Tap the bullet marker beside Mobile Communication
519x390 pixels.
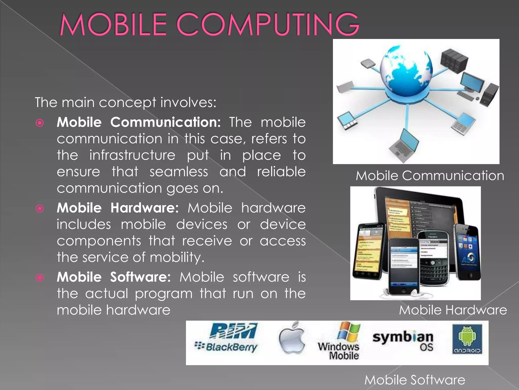(x=40, y=123)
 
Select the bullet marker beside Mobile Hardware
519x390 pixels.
(x=40, y=208)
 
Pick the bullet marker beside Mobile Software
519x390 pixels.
(x=40, y=278)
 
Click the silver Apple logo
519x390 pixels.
(x=292, y=339)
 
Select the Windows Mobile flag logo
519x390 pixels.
(x=349, y=332)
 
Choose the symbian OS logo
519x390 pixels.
(x=403, y=340)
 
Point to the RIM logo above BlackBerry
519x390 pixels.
(x=233, y=331)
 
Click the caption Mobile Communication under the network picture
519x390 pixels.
(x=430, y=176)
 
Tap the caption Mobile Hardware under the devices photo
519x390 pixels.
(x=453, y=310)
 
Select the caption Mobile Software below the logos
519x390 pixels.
(x=415, y=380)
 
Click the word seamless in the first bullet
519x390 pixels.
(x=179, y=172)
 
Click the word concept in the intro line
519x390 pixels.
(x=127, y=103)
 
